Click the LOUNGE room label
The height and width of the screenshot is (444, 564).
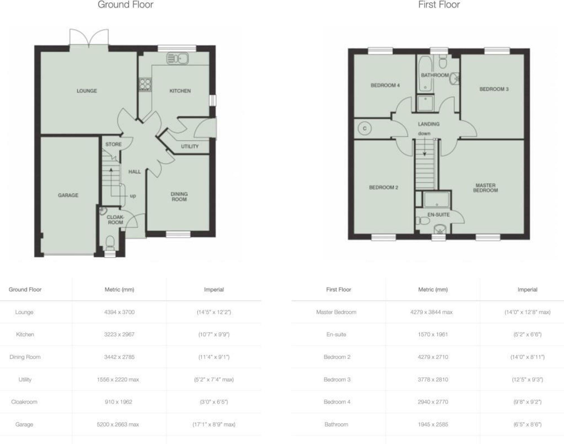click(x=87, y=91)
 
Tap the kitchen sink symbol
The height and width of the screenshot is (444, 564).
click(x=177, y=58)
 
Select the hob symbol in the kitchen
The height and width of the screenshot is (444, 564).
click(x=145, y=84)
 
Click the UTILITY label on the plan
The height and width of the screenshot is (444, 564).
click(x=190, y=146)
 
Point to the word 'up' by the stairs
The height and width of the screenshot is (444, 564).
click(x=133, y=196)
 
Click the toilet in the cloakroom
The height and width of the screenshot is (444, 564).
click(x=110, y=243)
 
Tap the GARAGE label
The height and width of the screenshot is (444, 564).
click(x=68, y=195)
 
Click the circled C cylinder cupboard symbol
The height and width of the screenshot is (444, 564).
click(x=364, y=129)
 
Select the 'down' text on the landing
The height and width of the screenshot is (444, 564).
click(x=424, y=133)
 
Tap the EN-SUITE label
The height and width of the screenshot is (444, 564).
click(x=438, y=215)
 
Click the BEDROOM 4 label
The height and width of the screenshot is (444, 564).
click(x=385, y=85)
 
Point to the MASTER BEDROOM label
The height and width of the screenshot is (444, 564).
click(x=485, y=188)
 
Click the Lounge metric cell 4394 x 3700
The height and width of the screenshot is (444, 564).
click(x=119, y=312)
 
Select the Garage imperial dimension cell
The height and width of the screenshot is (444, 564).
click(x=214, y=424)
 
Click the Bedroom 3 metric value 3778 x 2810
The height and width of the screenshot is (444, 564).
click(x=433, y=379)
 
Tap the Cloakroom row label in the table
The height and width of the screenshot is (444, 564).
click(x=24, y=402)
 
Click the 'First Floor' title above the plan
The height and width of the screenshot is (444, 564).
click(x=439, y=5)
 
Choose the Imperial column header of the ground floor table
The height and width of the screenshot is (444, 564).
click(x=214, y=289)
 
